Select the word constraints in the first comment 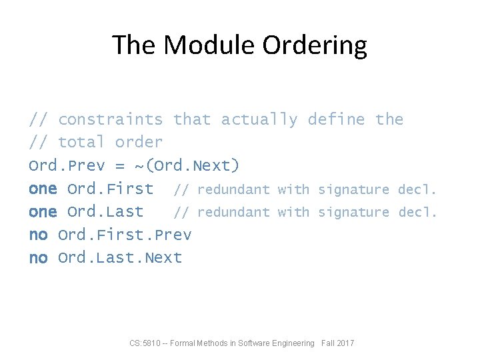(111, 120)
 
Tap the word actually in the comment (259, 120)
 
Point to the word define (336, 120)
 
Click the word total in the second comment (81, 143)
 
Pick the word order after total (139, 143)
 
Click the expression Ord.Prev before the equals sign (67, 165)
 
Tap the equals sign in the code (120, 166)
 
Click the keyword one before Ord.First (43, 189)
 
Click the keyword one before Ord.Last (43, 212)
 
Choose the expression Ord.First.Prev (125, 235)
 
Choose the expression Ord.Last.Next (120, 258)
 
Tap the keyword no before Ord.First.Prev (38, 235)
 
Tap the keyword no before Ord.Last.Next (38, 258)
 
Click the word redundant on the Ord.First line (233, 190)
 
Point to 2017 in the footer (345, 343)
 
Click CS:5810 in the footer (143, 343)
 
